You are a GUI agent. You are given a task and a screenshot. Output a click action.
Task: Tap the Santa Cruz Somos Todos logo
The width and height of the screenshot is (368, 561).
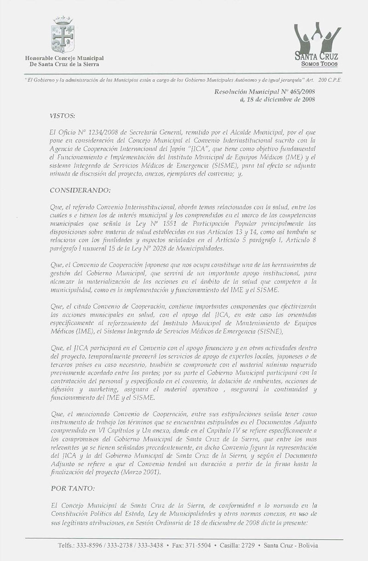317,46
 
